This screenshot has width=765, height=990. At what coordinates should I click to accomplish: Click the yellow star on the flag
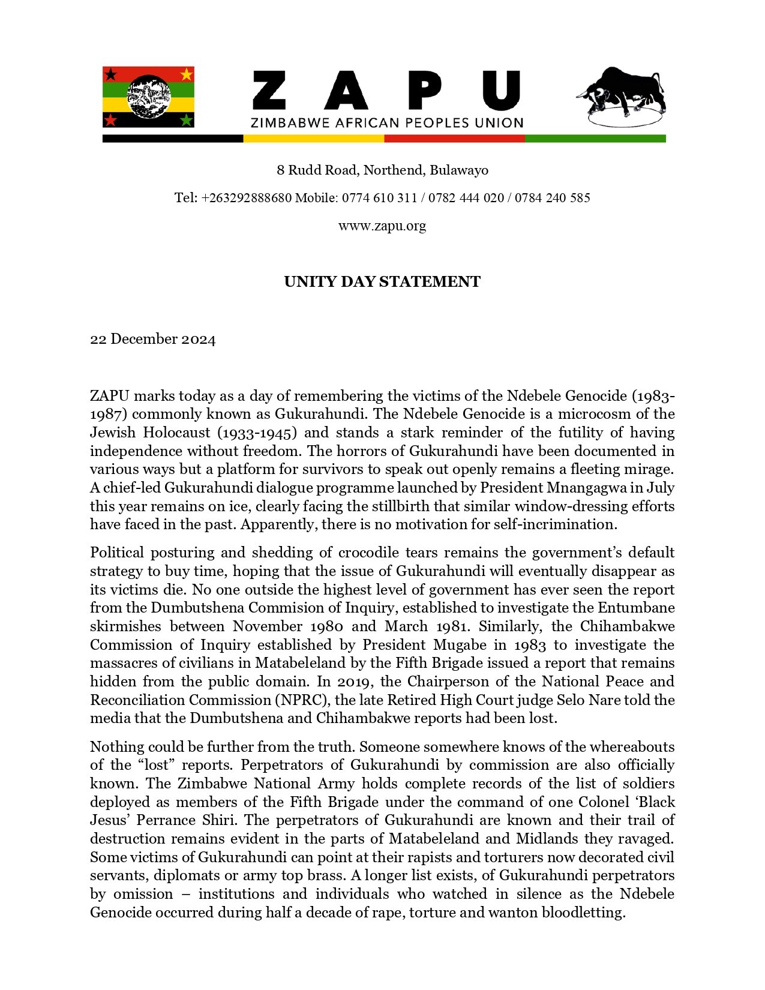pos(187,74)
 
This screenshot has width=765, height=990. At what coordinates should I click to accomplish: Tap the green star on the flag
pos(187,120)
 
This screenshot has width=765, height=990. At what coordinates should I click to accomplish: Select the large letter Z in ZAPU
pos(269,91)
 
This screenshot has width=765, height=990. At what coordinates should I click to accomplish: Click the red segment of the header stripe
pos(454,139)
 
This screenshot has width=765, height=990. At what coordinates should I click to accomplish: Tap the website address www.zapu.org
pos(382,226)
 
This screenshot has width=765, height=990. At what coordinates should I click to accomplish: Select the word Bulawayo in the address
pos(459,170)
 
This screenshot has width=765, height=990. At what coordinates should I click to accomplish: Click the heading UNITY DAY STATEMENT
pos(382,282)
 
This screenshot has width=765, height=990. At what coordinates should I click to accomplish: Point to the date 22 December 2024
pos(152,340)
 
